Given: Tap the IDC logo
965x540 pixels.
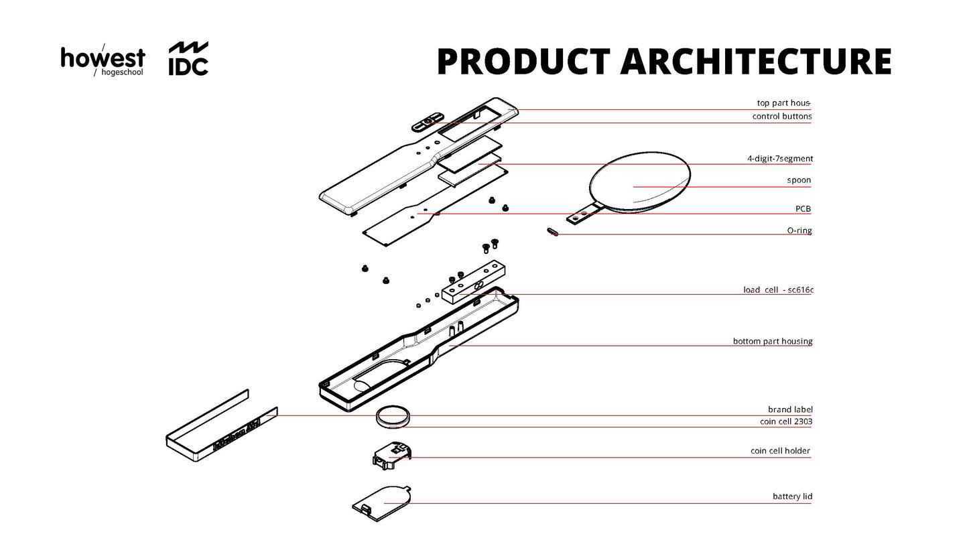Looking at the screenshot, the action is (x=188, y=59).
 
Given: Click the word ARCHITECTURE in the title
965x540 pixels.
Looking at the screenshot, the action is (x=755, y=61).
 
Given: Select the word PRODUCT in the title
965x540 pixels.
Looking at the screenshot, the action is (x=523, y=61).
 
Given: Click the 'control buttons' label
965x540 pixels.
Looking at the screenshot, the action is (x=781, y=117).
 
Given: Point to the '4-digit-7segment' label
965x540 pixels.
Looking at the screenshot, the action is (x=779, y=159).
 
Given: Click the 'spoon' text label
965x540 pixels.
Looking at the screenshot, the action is (x=799, y=181).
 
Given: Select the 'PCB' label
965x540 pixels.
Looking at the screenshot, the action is (x=803, y=209).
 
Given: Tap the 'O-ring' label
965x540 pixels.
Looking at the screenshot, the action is (x=799, y=231).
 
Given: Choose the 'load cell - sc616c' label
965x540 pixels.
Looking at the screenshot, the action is (x=777, y=290).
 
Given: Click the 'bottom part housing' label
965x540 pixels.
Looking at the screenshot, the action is (x=772, y=342).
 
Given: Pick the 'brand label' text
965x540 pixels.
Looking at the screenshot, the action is (x=790, y=409).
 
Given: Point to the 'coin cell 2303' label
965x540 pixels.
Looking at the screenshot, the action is (x=786, y=422).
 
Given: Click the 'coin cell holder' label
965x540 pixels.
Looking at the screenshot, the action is (x=780, y=452).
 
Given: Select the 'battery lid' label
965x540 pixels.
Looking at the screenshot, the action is (x=792, y=497).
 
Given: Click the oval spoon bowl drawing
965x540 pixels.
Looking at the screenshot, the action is (x=640, y=180).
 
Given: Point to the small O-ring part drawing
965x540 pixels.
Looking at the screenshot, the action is (x=552, y=232).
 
